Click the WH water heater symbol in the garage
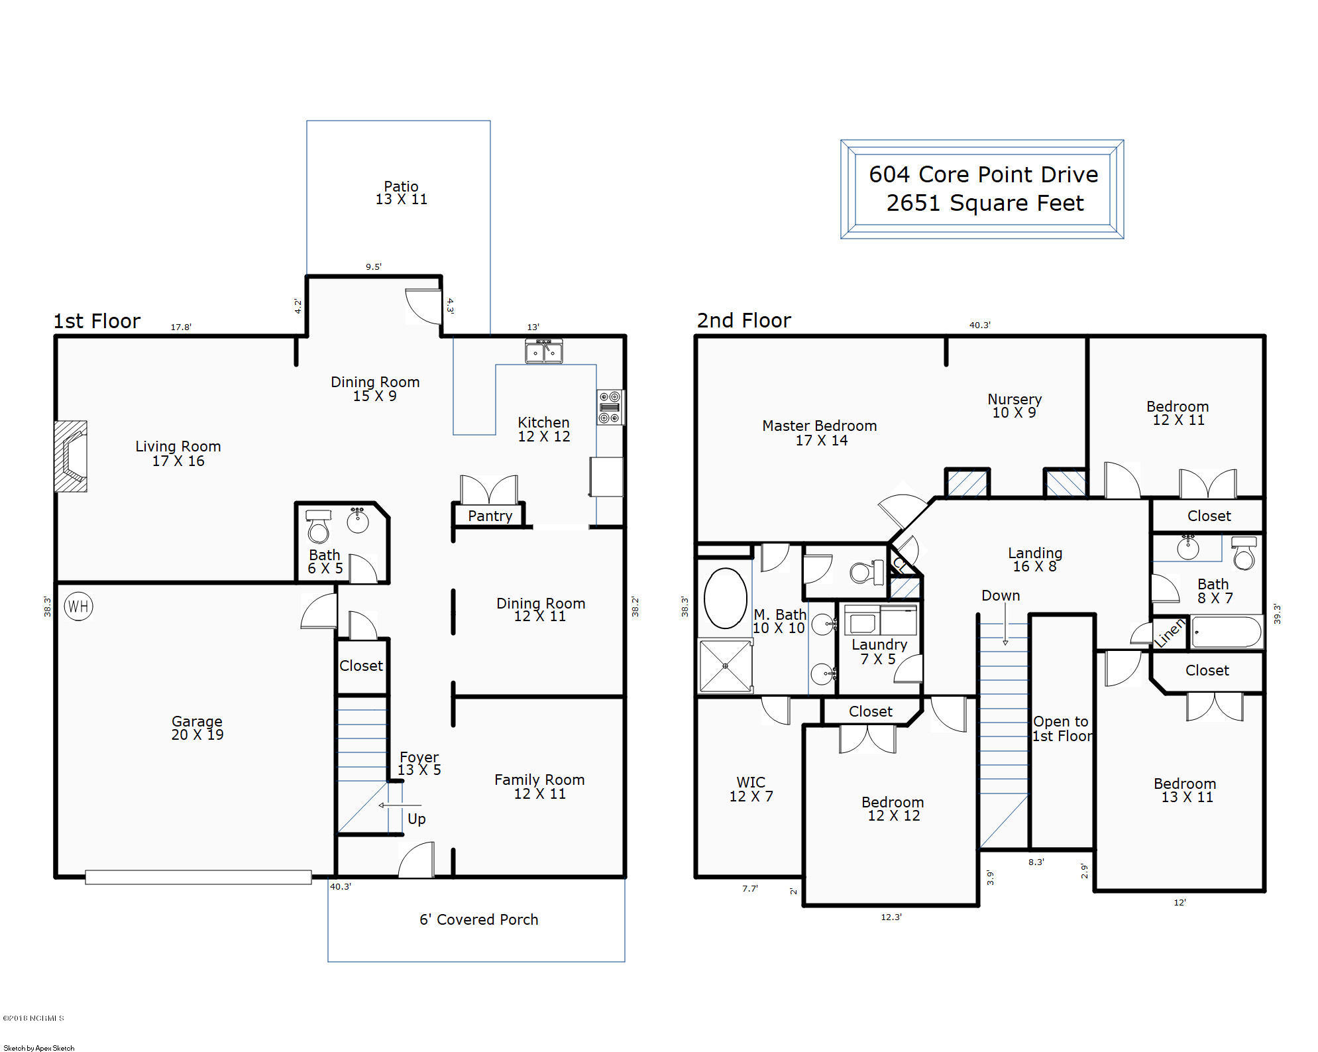coord(78,606)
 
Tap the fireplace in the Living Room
coord(71,456)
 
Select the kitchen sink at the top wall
coord(544,351)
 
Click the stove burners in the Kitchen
coord(610,407)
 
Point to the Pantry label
coord(490,516)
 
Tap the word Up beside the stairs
coord(417,819)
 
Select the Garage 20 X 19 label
coord(197,728)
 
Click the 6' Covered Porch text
coord(478,919)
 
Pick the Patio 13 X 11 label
coord(402,193)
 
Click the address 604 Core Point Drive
coord(983,174)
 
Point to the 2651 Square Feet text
coord(985,203)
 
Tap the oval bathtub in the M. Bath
coord(726,598)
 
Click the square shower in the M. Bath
coord(726,666)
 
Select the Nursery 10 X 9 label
coord(1015,406)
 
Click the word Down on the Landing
coord(1001,595)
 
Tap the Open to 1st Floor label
coord(1062,729)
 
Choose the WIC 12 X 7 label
coord(751,789)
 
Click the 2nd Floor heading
coord(743,321)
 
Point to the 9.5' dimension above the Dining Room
coord(374,266)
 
